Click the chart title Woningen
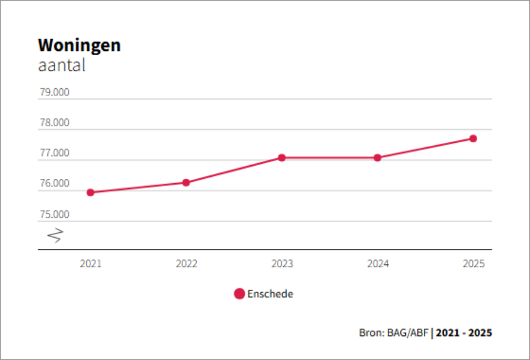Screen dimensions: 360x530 pyautogui.click(x=79, y=46)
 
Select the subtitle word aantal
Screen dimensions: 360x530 pyautogui.click(x=61, y=65)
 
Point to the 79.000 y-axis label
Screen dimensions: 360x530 pyautogui.click(x=54, y=92)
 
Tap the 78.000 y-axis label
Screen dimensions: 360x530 pyautogui.click(x=54, y=123)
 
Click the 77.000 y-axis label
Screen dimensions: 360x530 pyautogui.click(x=54, y=154)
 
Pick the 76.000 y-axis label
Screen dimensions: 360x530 pyautogui.click(x=54, y=184)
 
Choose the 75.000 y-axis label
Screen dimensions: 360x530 pyautogui.click(x=54, y=215)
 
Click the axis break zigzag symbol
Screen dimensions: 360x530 pyautogui.click(x=55, y=235)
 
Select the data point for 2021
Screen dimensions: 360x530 pyautogui.click(x=91, y=193)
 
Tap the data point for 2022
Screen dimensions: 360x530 pyautogui.click(x=186, y=182)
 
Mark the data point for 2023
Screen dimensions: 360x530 pyautogui.click(x=282, y=158)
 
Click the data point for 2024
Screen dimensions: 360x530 pyautogui.click(x=378, y=158)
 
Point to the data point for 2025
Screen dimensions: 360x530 pyautogui.click(x=473, y=139)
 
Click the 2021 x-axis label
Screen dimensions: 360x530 pyautogui.click(x=91, y=263)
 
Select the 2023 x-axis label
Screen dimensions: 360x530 pyautogui.click(x=282, y=263)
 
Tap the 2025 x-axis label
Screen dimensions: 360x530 pyautogui.click(x=473, y=263)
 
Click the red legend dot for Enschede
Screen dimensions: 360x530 pyautogui.click(x=239, y=294)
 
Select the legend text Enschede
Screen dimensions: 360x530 pyautogui.click(x=270, y=294)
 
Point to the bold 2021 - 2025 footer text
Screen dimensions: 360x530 pyautogui.click(x=464, y=332)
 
